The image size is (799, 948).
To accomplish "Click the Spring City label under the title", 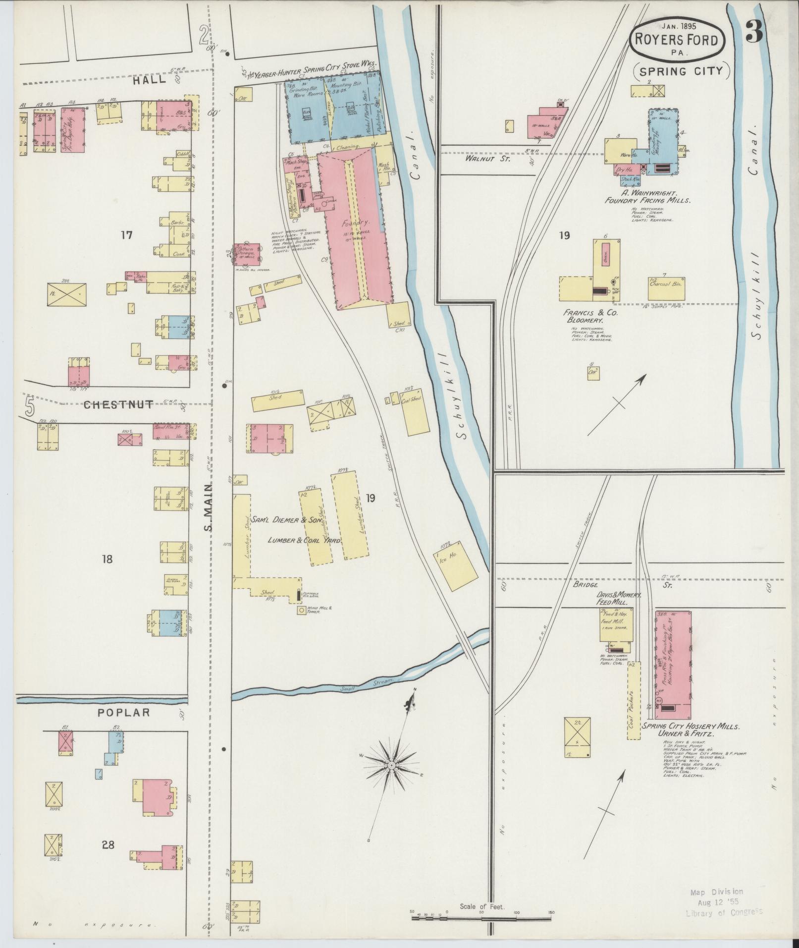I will (x=681, y=71).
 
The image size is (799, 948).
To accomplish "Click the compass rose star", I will (x=391, y=780).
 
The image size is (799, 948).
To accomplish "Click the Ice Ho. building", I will (x=456, y=564).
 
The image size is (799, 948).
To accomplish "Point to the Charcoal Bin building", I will (x=666, y=287).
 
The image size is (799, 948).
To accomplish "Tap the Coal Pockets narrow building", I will (x=634, y=700).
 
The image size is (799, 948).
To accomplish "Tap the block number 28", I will (x=108, y=844).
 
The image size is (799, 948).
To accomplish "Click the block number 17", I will (x=126, y=235).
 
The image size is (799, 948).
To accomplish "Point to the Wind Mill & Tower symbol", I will (x=301, y=611).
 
